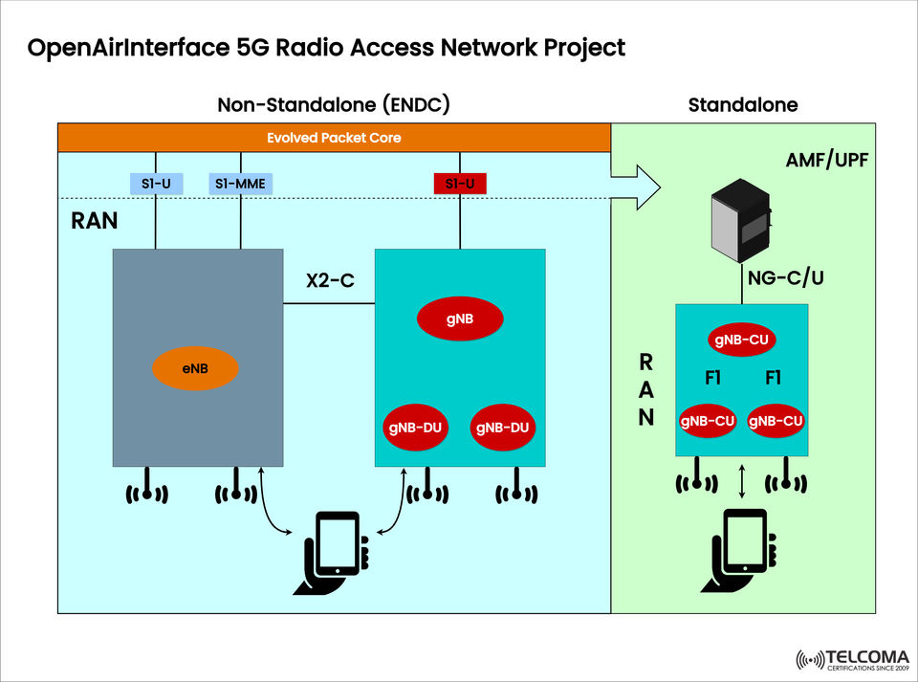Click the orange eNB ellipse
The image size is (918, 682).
(x=195, y=368)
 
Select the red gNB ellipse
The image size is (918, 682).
(x=460, y=319)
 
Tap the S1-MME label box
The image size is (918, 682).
(x=240, y=184)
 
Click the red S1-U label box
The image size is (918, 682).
(x=460, y=184)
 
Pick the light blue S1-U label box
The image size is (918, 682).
(x=155, y=184)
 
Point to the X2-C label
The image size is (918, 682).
(x=330, y=281)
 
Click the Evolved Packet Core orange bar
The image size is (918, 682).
(x=334, y=138)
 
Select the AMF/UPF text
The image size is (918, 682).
(x=827, y=160)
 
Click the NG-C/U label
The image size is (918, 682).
(x=785, y=277)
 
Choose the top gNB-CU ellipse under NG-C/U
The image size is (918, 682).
(x=741, y=339)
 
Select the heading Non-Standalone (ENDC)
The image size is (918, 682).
(x=333, y=104)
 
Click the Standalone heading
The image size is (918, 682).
(x=742, y=104)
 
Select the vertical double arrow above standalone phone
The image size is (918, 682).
(x=743, y=481)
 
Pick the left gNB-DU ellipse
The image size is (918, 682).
(x=414, y=428)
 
